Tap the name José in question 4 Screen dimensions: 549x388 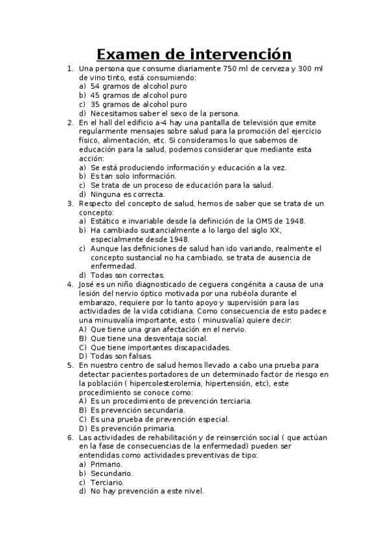[x=87, y=284]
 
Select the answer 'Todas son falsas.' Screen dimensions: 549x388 [x=121, y=355]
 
